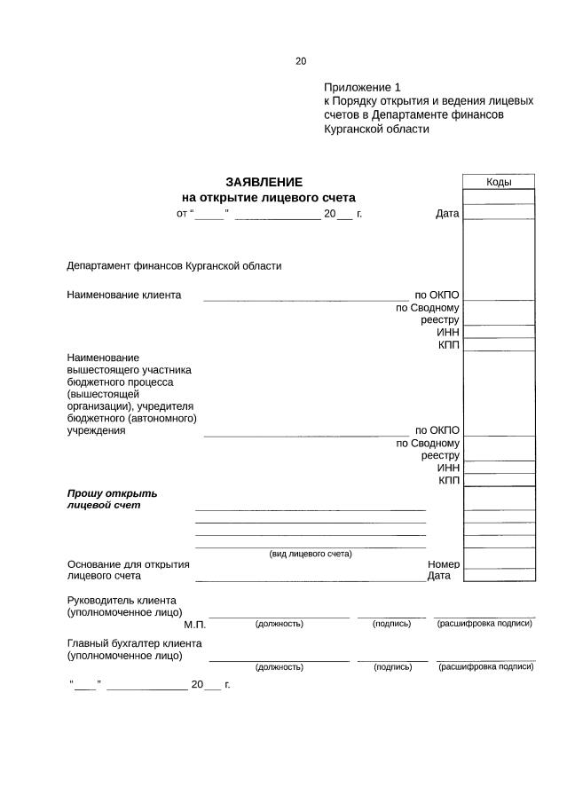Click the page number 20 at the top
(301, 61)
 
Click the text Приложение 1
(362, 87)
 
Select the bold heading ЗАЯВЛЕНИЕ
(264, 182)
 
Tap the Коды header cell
(498, 182)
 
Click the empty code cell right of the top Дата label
(498, 214)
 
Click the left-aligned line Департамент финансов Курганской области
(174, 265)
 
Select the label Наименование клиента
(123, 295)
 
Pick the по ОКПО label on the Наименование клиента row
(437, 295)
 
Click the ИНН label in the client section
(447, 332)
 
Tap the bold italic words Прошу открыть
(112, 492)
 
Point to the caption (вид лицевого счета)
(310, 554)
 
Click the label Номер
(443, 563)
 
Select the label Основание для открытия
(129, 563)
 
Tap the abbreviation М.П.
(194, 625)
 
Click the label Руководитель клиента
(122, 600)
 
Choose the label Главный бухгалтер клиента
(134, 643)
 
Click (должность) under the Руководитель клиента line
(279, 624)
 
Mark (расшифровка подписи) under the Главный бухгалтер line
(485, 666)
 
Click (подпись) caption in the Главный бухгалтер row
(391, 666)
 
